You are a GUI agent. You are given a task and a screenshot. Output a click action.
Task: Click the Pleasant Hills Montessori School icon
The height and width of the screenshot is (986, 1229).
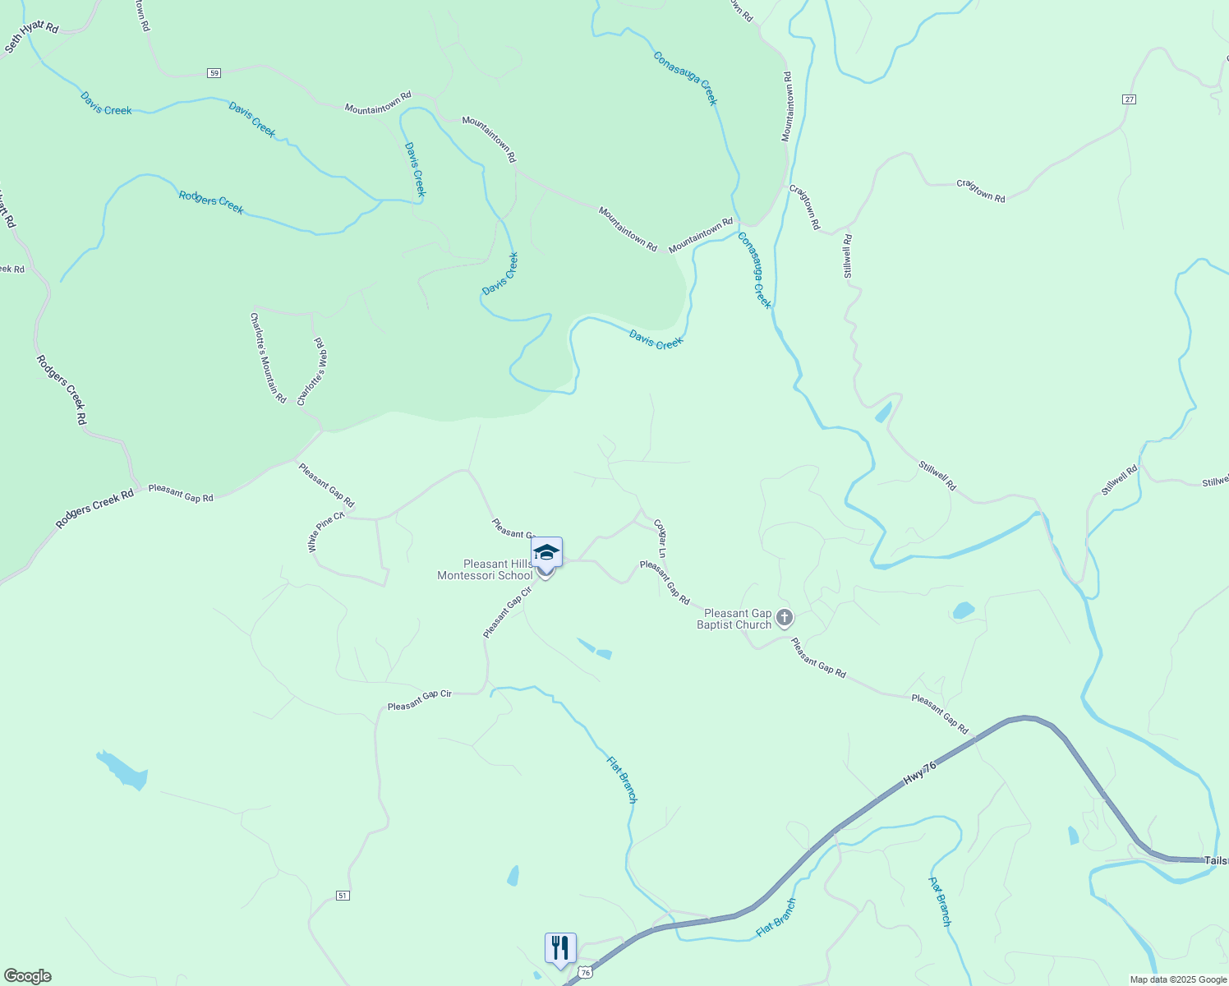[546, 552]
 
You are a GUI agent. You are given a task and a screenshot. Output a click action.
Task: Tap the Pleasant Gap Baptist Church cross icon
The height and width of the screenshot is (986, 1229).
[785, 617]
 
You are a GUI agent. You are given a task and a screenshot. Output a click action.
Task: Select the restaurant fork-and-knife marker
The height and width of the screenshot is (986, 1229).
[559, 947]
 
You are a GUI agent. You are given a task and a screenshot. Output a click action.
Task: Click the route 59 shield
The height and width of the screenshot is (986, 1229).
[214, 73]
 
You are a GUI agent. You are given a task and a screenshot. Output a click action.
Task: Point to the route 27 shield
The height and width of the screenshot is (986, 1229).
[1129, 99]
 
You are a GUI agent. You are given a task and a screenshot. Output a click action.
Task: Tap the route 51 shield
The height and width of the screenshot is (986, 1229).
[343, 895]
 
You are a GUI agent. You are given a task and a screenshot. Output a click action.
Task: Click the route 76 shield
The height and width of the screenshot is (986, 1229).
[585, 973]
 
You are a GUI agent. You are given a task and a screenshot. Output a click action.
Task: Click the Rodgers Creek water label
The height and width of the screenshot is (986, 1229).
[211, 201]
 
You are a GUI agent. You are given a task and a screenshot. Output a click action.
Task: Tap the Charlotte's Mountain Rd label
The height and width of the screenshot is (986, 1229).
[268, 357]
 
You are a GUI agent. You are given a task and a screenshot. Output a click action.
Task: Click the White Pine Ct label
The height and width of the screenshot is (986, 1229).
[325, 532]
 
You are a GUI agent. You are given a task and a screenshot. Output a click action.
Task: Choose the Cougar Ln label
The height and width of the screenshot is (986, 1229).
[659, 538]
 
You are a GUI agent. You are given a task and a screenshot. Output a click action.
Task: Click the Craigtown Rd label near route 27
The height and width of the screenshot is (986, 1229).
[980, 191]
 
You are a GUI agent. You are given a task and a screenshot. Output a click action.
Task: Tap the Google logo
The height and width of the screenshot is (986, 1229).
[26, 976]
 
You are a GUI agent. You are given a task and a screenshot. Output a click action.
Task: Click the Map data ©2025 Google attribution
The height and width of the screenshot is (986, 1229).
[1177, 979]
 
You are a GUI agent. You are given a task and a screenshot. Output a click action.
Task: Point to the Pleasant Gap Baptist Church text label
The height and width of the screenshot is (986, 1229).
[734, 619]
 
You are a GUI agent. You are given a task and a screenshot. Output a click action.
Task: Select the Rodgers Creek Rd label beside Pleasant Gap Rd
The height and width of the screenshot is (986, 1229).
[94, 510]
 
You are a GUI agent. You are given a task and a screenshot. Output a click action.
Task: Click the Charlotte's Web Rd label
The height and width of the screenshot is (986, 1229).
[312, 371]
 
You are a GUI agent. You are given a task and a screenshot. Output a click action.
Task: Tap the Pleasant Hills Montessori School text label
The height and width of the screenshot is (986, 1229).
[485, 569]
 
